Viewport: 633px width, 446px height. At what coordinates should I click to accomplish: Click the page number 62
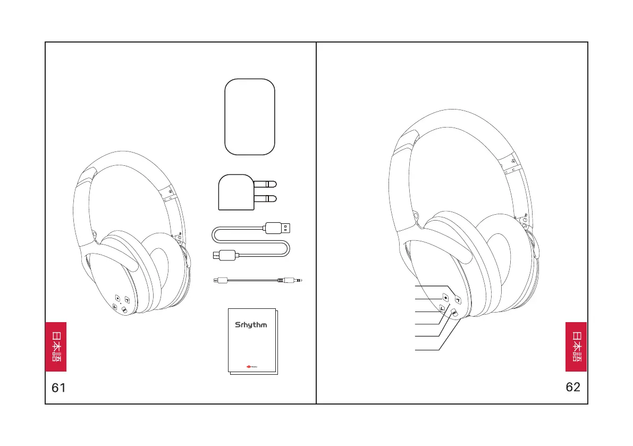click(x=573, y=387)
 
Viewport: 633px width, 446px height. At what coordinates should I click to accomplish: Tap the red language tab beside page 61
click(x=56, y=347)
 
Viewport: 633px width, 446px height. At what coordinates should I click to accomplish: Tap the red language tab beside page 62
click(x=576, y=347)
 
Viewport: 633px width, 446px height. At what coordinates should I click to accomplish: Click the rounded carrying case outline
click(x=250, y=117)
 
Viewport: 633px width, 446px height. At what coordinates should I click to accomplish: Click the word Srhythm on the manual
click(x=251, y=325)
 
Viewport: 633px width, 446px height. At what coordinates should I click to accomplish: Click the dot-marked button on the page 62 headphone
click(x=445, y=298)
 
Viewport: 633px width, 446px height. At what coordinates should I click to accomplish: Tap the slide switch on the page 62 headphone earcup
click(x=454, y=314)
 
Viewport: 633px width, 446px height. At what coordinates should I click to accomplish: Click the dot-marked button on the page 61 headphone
click(x=117, y=299)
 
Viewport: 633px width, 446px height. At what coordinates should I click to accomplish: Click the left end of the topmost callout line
click(x=416, y=286)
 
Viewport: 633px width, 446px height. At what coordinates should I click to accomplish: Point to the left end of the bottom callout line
click(x=416, y=350)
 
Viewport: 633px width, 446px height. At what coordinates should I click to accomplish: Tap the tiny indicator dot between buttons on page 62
click(x=450, y=306)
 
